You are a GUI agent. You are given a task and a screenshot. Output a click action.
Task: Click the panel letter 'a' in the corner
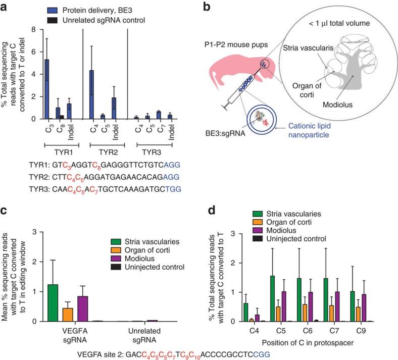point(5,6)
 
